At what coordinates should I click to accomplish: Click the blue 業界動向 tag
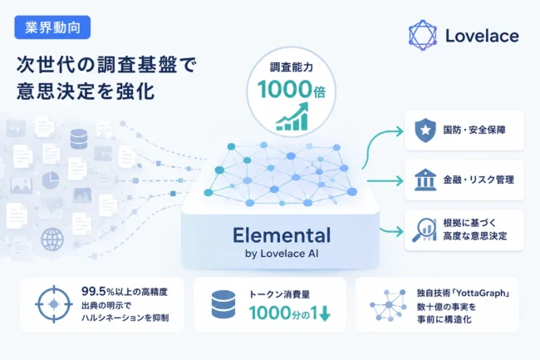[52, 27]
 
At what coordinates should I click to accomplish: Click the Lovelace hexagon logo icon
[423, 36]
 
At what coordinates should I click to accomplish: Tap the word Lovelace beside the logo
[482, 36]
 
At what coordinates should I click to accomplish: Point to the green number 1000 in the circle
[285, 89]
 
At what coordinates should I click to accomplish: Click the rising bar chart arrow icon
[292, 116]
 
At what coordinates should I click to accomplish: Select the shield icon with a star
[425, 130]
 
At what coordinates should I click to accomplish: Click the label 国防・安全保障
[474, 131]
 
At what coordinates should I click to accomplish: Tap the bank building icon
[425, 180]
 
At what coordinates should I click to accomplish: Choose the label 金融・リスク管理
[479, 180]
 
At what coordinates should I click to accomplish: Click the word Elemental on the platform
[282, 235]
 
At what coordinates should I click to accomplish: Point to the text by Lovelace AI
[282, 254]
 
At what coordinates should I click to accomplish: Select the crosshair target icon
[54, 304]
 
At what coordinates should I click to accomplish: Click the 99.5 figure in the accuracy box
[93, 292]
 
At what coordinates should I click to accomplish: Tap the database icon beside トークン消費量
[223, 303]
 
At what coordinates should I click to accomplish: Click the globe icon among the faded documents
[52, 239]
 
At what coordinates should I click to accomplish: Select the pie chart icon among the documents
[51, 180]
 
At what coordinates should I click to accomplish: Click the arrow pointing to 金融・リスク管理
[385, 180]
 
